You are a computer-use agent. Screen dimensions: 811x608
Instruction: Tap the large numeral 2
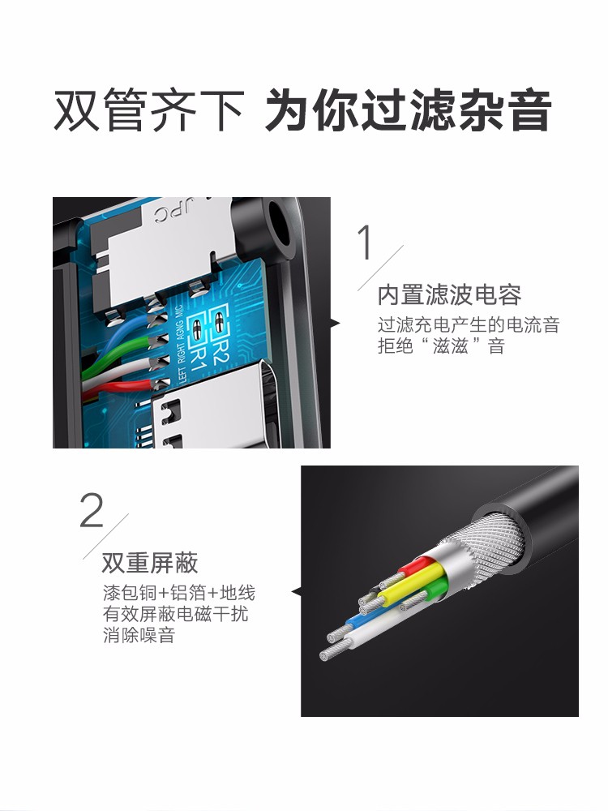tap(92, 510)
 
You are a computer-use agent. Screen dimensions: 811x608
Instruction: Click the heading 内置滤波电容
tap(449, 294)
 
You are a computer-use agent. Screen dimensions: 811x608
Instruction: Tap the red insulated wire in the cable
tap(413, 569)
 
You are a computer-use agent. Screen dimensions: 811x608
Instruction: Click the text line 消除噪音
tap(139, 635)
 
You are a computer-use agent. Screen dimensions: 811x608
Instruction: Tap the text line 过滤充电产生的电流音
tap(469, 325)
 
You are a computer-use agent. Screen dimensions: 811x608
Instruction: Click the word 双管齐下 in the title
tap(148, 111)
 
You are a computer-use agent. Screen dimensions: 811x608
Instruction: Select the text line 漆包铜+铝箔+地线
tap(178, 592)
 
